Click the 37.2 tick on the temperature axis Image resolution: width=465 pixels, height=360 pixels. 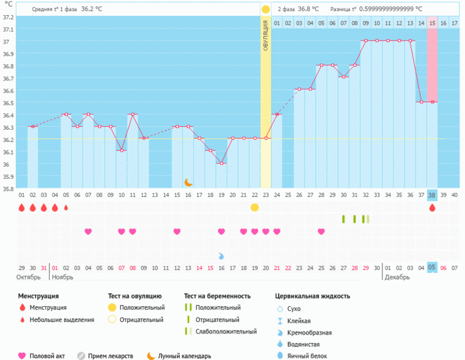7,17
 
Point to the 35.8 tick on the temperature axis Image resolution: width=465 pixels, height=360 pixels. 7,188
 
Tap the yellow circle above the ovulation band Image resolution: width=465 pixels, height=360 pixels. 266,10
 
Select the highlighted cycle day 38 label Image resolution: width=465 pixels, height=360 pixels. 432,194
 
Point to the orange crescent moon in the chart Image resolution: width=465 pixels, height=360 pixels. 188,182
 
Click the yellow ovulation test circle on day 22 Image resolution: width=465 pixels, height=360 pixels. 255,207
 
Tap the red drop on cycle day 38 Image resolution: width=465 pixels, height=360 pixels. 432,207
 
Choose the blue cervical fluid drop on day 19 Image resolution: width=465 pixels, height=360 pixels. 221,256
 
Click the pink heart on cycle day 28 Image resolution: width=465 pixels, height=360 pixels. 321,231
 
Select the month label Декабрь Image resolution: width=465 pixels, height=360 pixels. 396,277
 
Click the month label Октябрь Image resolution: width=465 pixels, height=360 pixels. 28,277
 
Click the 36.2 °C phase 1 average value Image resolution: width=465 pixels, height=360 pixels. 91,10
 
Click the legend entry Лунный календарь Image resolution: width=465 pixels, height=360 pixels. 185,356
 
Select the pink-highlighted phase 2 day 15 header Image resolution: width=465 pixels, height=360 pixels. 432,23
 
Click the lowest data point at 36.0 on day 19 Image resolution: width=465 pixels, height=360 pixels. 222,163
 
